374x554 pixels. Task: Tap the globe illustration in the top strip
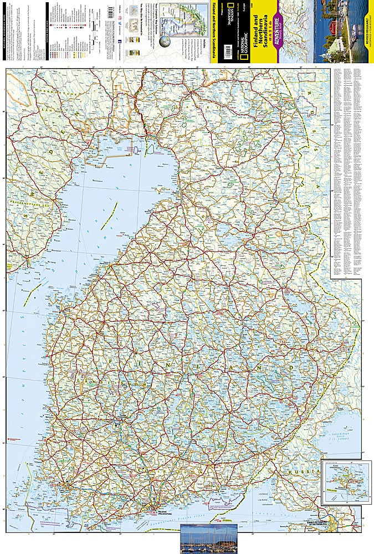(166, 42)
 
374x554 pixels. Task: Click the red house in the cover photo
(332, 25)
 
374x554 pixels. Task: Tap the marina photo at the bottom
(209, 538)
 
